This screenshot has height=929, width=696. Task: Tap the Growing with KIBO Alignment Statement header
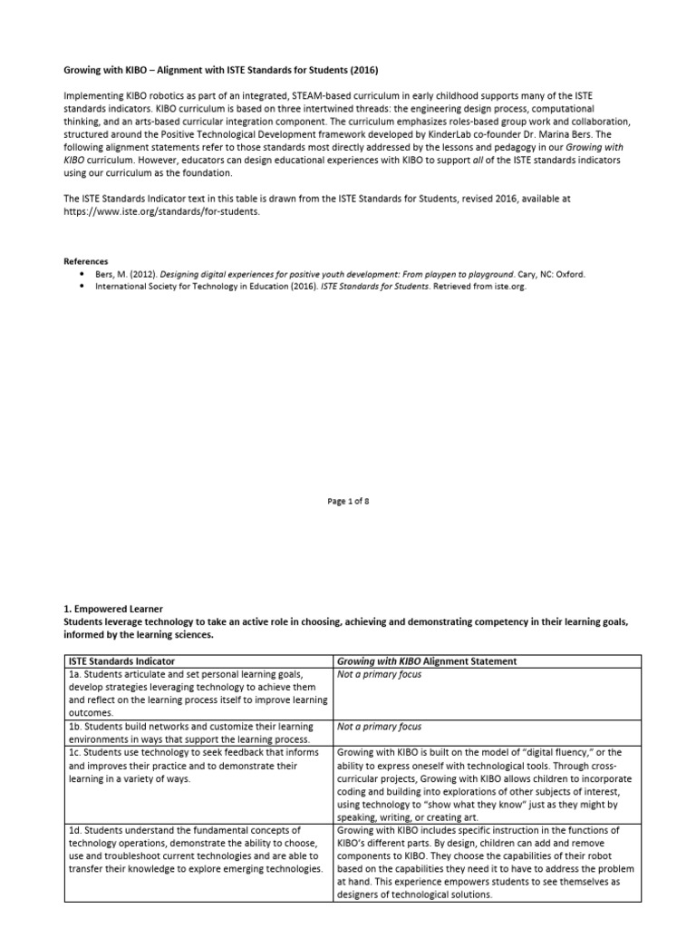(x=426, y=661)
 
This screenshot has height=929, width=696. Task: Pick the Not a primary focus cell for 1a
(x=366, y=675)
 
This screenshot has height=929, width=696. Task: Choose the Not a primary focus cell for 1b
(x=366, y=727)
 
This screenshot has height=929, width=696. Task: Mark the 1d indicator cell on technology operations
(x=195, y=849)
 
